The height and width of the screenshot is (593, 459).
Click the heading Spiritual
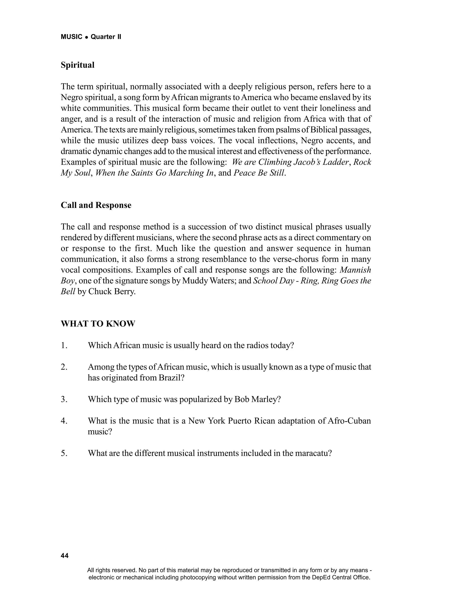(78, 65)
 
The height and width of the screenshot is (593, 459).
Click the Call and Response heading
(96, 205)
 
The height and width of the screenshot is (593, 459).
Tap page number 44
(65, 556)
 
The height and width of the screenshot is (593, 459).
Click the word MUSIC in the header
(71, 37)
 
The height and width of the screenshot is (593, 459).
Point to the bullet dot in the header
(87, 37)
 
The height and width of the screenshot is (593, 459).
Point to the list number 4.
(64, 421)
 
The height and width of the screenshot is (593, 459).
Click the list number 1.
(64, 346)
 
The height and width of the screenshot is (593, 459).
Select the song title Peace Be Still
(259, 173)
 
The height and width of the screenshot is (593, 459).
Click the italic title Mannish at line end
(355, 270)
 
